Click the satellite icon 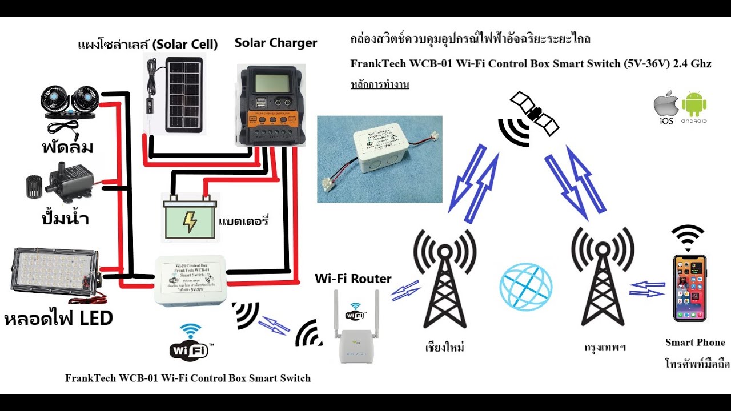click(534, 114)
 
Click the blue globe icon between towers click(525, 287)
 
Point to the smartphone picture click(690, 288)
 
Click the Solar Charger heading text click(276, 43)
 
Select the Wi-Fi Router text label click(353, 279)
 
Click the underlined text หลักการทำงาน click(380, 85)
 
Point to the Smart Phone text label click(695, 342)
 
